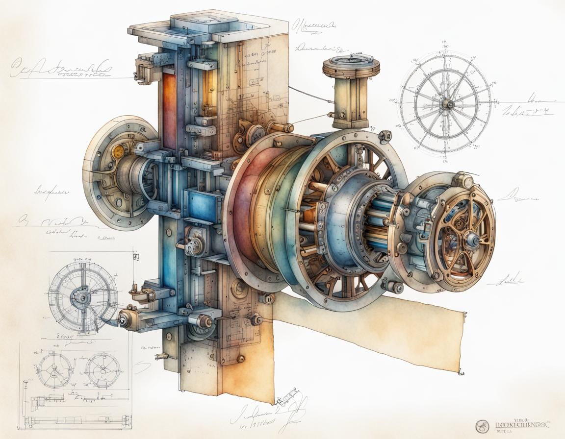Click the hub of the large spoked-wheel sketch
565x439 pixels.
tap(446, 103)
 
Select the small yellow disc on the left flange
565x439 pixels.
tap(117, 150)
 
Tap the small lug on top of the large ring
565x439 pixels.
tap(386, 134)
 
